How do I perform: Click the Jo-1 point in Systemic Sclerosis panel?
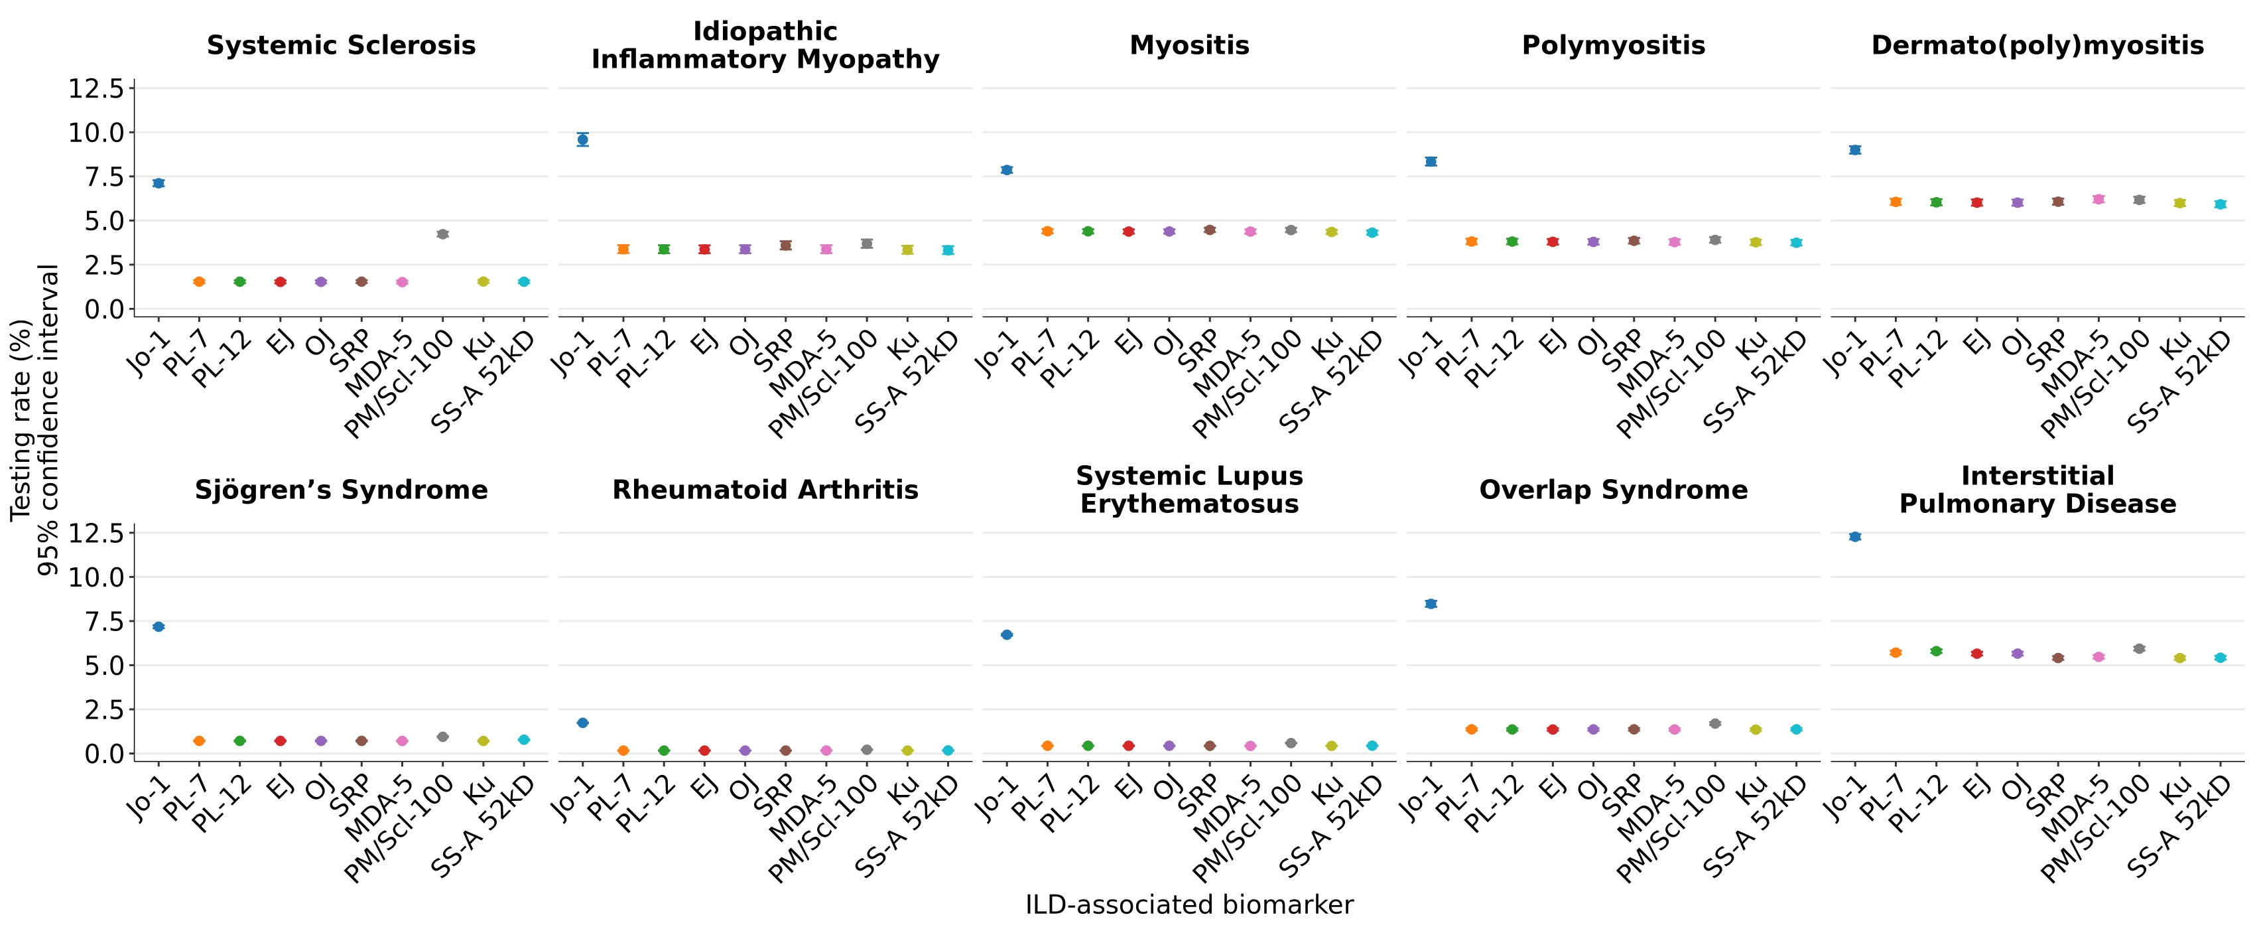(x=159, y=183)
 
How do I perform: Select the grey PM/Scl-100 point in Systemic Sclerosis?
(x=442, y=234)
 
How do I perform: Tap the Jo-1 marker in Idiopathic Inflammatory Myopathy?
(x=583, y=139)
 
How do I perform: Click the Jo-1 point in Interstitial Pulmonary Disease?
(x=1855, y=537)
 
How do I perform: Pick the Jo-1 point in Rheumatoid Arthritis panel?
(x=583, y=723)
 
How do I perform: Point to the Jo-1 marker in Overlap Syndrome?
(x=1431, y=603)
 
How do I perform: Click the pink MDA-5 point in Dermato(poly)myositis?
(x=2098, y=200)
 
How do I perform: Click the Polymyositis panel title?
(x=1614, y=46)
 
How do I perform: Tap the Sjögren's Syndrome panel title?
(x=342, y=490)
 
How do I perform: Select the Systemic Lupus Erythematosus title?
(x=1190, y=490)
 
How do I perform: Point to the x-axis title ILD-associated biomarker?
(x=1190, y=904)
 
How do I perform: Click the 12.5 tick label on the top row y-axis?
(x=96, y=88)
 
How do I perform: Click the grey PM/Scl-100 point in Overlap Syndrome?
(x=1715, y=723)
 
